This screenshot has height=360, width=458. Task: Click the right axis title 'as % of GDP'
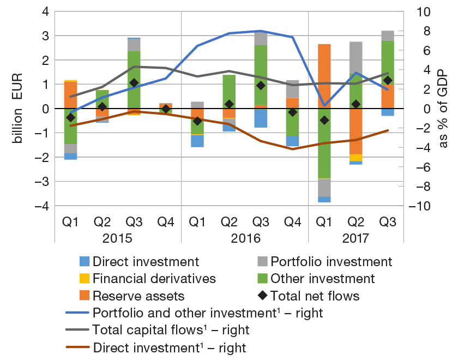[442, 109]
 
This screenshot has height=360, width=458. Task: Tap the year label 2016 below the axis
[245, 239]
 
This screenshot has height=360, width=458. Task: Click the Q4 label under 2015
[166, 222]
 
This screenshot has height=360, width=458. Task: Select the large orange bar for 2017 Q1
[324, 76]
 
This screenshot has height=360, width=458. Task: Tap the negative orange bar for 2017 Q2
[356, 131]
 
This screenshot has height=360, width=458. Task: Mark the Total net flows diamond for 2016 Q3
[261, 86]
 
